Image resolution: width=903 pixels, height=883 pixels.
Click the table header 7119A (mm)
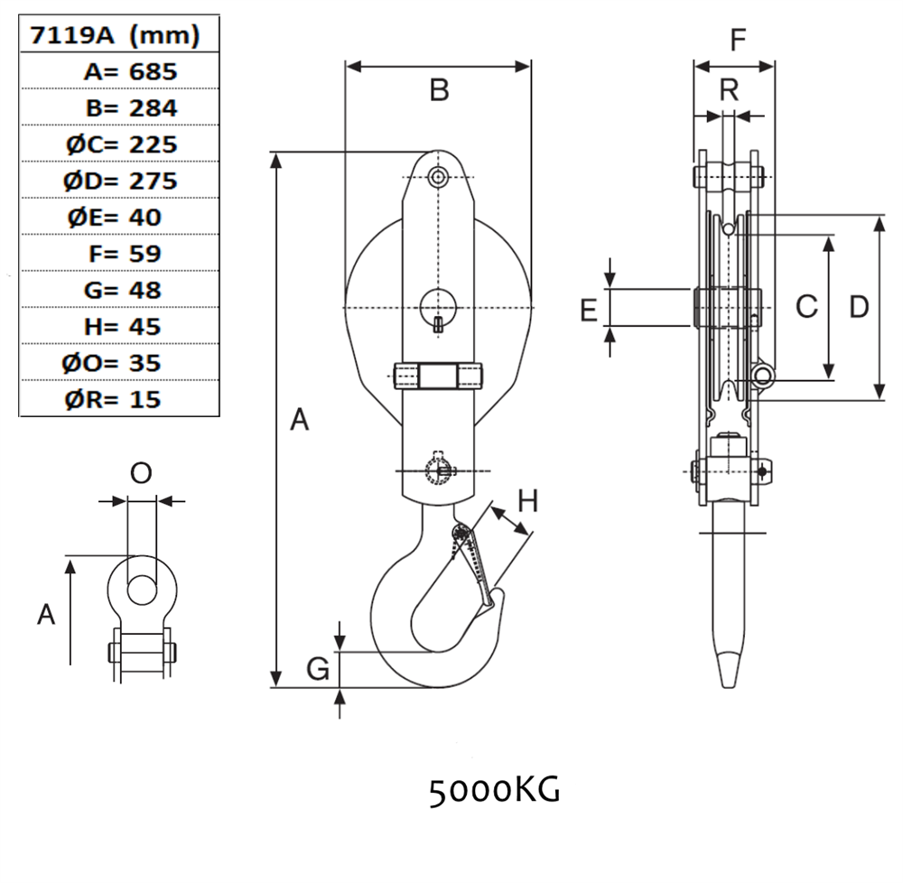tap(115, 35)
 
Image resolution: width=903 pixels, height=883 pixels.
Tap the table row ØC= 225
tap(120, 144)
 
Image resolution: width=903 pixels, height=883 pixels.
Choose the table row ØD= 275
tap(120, 181)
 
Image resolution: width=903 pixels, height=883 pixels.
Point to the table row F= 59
tap(120, 254)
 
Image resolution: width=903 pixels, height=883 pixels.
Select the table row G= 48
tap(120, 290)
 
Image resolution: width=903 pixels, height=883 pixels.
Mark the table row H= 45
tap(120, 326)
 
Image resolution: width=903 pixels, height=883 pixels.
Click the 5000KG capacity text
tap(494, 792)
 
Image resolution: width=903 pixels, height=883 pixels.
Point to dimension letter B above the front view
tap(439, 90)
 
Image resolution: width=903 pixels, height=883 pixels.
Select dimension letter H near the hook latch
tap(527, 500)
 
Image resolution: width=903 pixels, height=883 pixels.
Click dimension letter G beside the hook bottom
tap(317, 669)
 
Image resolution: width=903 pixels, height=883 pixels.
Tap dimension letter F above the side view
tap(738, 41)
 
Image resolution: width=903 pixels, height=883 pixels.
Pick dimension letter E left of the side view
tap(589, 311)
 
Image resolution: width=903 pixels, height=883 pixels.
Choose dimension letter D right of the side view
tap(859, 307)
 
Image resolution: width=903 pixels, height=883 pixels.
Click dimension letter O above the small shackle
tap(141, 473)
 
